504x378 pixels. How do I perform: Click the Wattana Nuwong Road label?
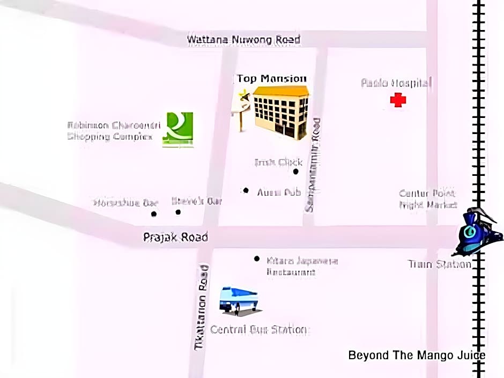tap(243, 40)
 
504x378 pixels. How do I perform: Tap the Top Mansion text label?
tap(272, 79)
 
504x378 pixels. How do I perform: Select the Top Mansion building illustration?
tap(280, 112)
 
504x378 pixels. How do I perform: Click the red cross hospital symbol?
tap(398, 100)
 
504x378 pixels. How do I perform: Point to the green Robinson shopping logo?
tap(178, 129)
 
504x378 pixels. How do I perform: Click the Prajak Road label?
tap(175, 237)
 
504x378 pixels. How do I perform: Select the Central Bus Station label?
tap(260, 329)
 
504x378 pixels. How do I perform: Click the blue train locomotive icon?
tap(479, 232)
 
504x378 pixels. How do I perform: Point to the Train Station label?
tap(439, 264)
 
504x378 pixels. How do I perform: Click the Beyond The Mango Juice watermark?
tap(417, 355)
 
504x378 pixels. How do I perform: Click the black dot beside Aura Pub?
tap(246, 190)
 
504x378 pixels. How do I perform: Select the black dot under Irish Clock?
tap(295, 172)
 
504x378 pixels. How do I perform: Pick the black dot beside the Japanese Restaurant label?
tap(257, 259)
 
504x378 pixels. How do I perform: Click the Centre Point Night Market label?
tap(427, 199)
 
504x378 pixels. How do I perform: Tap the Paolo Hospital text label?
tap(396, 83)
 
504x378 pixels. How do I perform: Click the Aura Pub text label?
tap(279, 192)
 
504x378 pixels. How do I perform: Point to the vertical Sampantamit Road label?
tap(314, 165)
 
